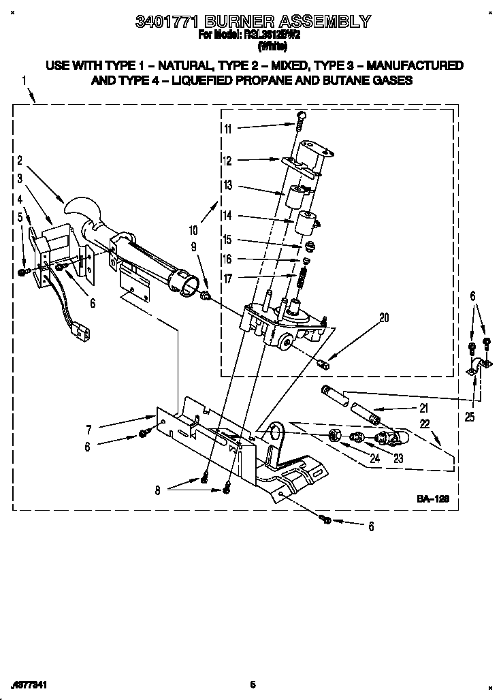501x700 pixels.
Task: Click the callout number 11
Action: coord(227,128)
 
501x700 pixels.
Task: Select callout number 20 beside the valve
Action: coord(384,317)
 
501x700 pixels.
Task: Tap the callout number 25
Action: coord(470,417)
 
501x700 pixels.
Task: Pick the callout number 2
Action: coord(20,161)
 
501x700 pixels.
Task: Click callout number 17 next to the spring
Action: coord(227,278)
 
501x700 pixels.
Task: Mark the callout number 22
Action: coord(425,424)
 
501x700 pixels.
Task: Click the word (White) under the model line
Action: coord(271,48)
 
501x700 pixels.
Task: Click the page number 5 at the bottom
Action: coord(252,684)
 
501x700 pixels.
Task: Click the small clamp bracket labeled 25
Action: coord(476,368)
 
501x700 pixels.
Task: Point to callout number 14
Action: coord(227,215)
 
